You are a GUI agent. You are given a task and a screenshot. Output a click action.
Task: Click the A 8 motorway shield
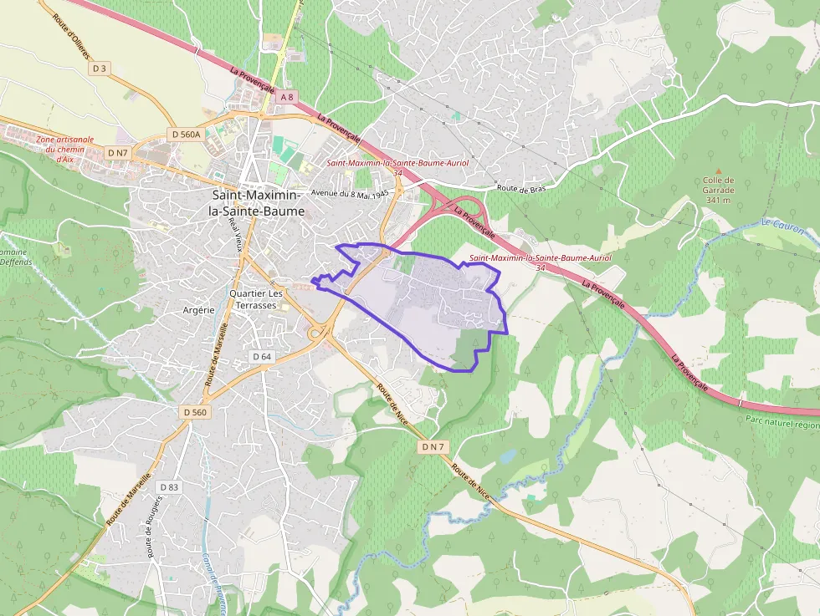[287, 97]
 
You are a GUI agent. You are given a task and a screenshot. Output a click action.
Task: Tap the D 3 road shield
[100, 68]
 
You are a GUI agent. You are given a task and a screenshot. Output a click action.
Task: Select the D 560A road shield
[186, 134]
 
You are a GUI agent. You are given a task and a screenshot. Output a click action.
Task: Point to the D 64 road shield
[262, 356]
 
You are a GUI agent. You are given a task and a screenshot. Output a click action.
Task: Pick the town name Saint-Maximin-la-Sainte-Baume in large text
[257, 203]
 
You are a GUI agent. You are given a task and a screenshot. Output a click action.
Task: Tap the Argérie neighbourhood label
[198, 309]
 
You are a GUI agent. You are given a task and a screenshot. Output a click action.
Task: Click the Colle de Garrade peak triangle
[718, 171]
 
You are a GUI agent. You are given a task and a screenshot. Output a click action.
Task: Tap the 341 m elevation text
[718, 200]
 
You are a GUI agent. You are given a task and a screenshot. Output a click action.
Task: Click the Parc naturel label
[782, 423]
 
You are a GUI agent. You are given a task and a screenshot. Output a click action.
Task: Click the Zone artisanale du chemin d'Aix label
[64, 149]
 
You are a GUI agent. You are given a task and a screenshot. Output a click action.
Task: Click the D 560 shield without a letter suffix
[193, 412]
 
